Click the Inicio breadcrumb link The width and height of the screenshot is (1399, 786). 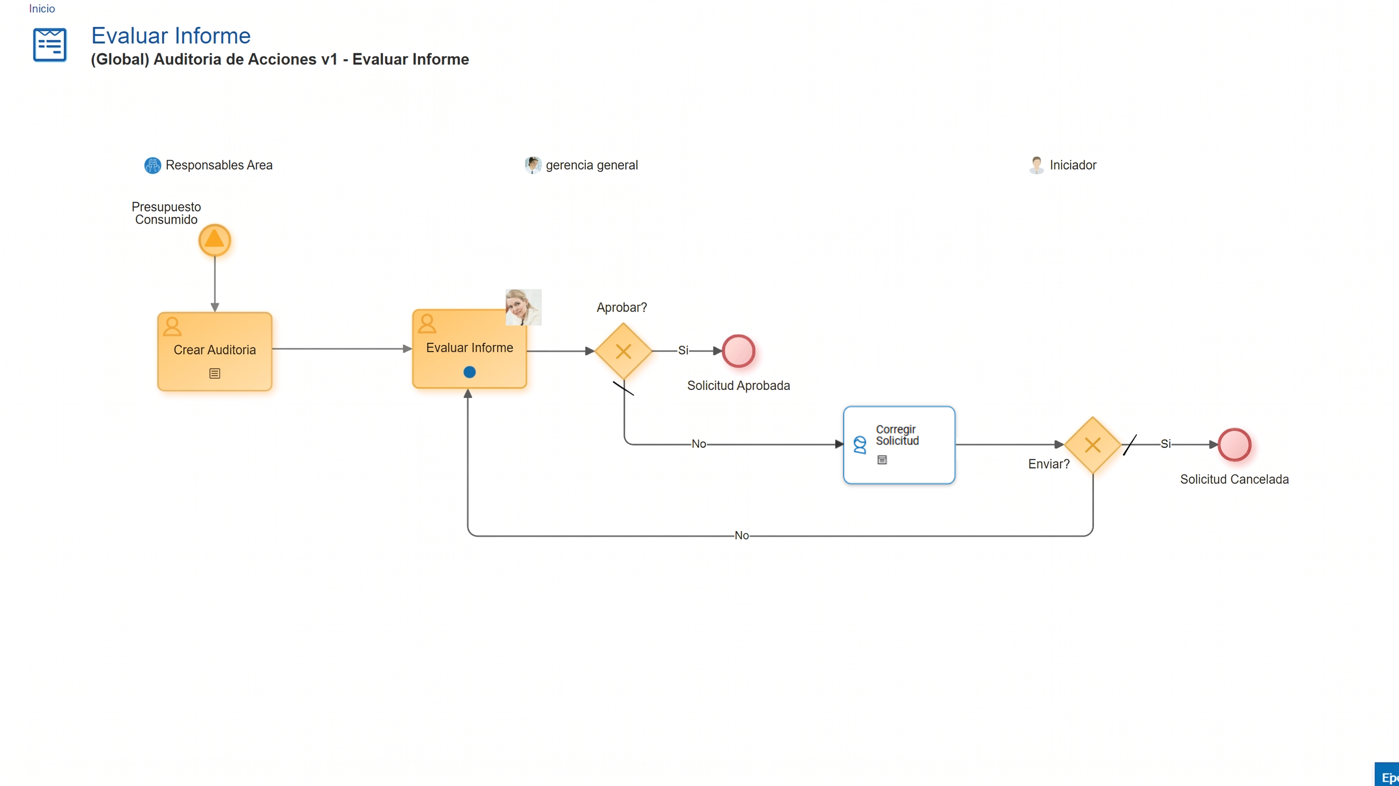[42, 9]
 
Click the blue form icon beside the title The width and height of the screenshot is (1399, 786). [50, 45]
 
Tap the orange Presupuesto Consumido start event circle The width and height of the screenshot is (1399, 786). [215, 240]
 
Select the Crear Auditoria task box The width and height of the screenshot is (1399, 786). [215, 351]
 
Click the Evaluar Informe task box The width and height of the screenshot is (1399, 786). [469, 348]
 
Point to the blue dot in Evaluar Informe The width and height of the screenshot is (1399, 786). [470, 372]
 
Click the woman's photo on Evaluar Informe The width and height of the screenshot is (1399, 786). [523, 307]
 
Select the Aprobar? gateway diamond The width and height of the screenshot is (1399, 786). [624, 351]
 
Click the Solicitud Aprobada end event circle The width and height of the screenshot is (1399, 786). [738, 351]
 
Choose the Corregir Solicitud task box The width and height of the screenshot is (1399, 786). [899, 445]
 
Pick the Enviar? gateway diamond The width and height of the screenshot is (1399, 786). [1093, 445]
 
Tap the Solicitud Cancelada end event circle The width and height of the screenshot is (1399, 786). [1235, 445]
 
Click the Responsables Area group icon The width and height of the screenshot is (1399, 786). [153, 165]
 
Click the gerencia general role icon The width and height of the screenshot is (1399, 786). [533, 165]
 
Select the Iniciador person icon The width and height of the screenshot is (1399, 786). [1036, 165]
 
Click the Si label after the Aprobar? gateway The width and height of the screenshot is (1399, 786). [683, 351]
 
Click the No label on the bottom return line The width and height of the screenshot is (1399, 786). [742, 536]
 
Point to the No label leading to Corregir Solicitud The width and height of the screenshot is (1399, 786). [699, 444]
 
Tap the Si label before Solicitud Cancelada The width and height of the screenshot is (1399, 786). [1165, 444]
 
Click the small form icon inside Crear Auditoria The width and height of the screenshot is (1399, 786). [215, 374]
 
